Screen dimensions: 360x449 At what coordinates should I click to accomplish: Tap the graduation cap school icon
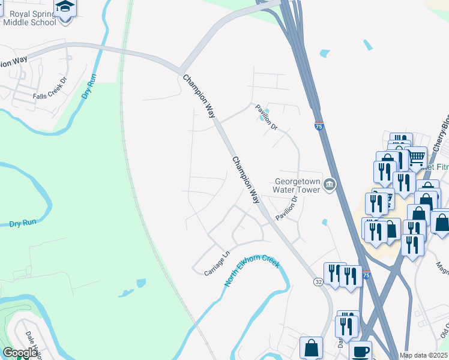(65, 8)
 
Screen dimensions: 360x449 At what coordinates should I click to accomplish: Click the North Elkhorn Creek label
(253, 271)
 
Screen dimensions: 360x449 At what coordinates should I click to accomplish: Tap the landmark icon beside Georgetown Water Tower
(329, 185)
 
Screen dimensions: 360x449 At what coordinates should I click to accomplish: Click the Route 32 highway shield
(318, 281)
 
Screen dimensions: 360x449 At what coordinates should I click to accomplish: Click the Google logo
(20, 353)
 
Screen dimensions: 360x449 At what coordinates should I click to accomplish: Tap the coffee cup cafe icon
(360, 351)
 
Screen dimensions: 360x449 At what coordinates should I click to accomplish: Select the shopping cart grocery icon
(417, 157)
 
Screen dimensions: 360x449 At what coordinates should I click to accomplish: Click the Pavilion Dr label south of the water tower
(287, 207)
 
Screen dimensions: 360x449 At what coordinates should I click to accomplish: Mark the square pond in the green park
(140, 283)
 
